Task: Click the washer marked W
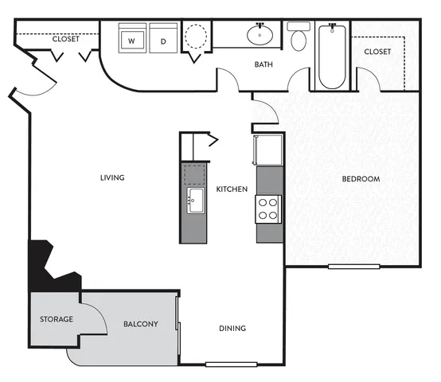coord(132,38)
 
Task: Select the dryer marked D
coord(163,38)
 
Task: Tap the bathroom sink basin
coord(260,35)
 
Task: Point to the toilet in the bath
coord(299,37)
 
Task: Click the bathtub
coord(332,57)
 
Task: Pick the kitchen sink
coord(196,201)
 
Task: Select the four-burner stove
coord(268,209)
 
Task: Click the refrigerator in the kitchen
coord(268,150)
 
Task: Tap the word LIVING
coord(112,177)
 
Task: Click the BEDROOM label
coord(361,179)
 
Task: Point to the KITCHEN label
coord(232,189)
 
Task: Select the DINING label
coord(232,328)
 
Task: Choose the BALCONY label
coord(141,324)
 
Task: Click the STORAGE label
coord(57,319)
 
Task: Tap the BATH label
coord(263,64)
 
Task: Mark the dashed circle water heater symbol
coord(196,37)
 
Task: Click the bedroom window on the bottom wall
coord(354,266)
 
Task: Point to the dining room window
coord(231,364)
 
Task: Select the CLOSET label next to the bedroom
coord(377,52)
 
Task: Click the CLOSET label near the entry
coord(66,39)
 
